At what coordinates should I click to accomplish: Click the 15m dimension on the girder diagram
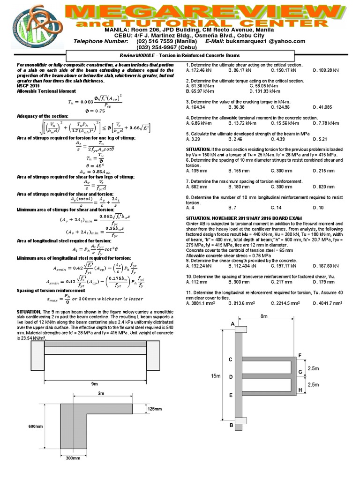coord(215,375)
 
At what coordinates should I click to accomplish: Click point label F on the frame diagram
coord(300,355)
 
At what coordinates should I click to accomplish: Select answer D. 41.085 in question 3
coord(324,107)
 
